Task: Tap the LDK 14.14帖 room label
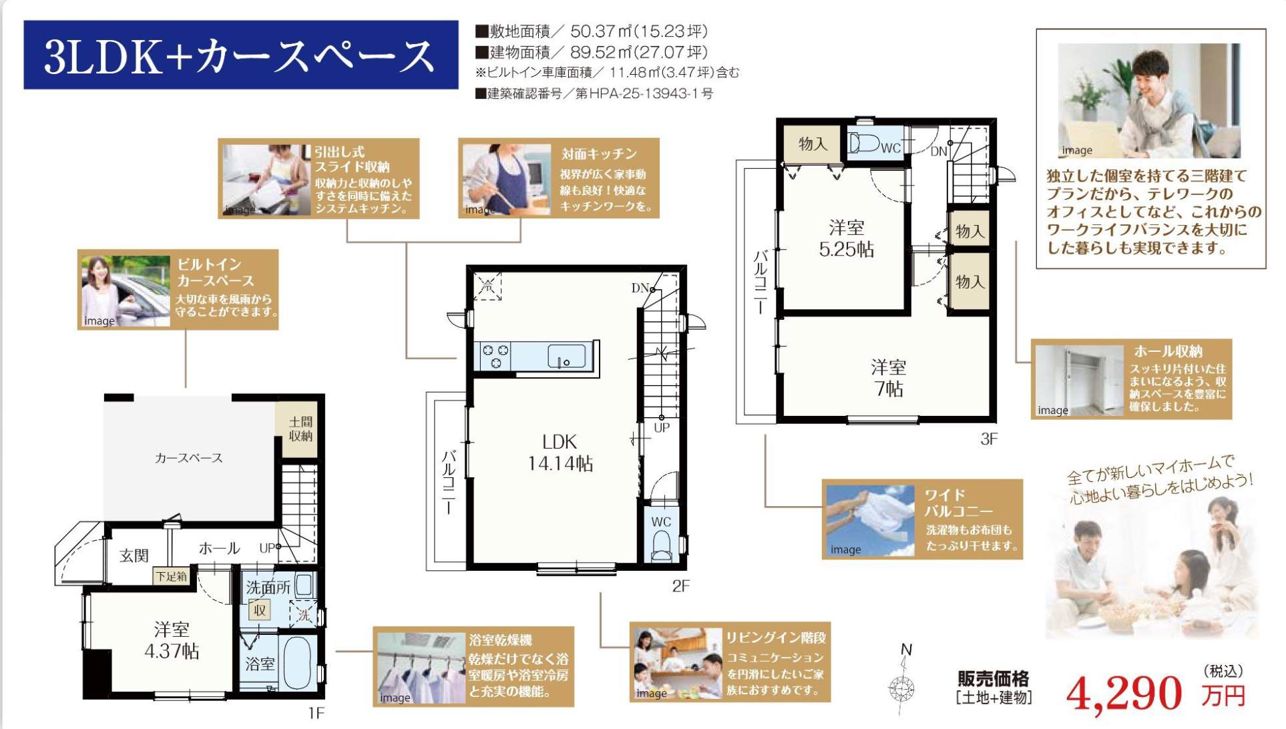[x=560, y=453]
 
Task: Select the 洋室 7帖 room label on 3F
[x=888, y=378]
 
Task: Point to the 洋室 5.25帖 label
[x=846, y=238]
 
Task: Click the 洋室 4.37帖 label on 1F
[x=172, y=640]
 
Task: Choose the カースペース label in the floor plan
[x=188, y=458]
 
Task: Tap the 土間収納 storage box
[x=300, y=429]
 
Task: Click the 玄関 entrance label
[x=134, y=555]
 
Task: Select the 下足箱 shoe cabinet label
[x=172, y=576]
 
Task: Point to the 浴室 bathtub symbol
[x=298, y=662]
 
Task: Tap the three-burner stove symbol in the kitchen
[x=495, y=356]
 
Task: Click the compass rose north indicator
[x=902, y=684]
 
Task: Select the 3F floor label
[x=989, y=439]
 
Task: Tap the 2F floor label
[x=680, y=586]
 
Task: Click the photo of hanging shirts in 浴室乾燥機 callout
[x=421, y=668]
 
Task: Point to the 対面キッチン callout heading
[x=599, y=154]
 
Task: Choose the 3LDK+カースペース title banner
[x=240, y=55]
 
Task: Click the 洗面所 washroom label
[x=268, y=587]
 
